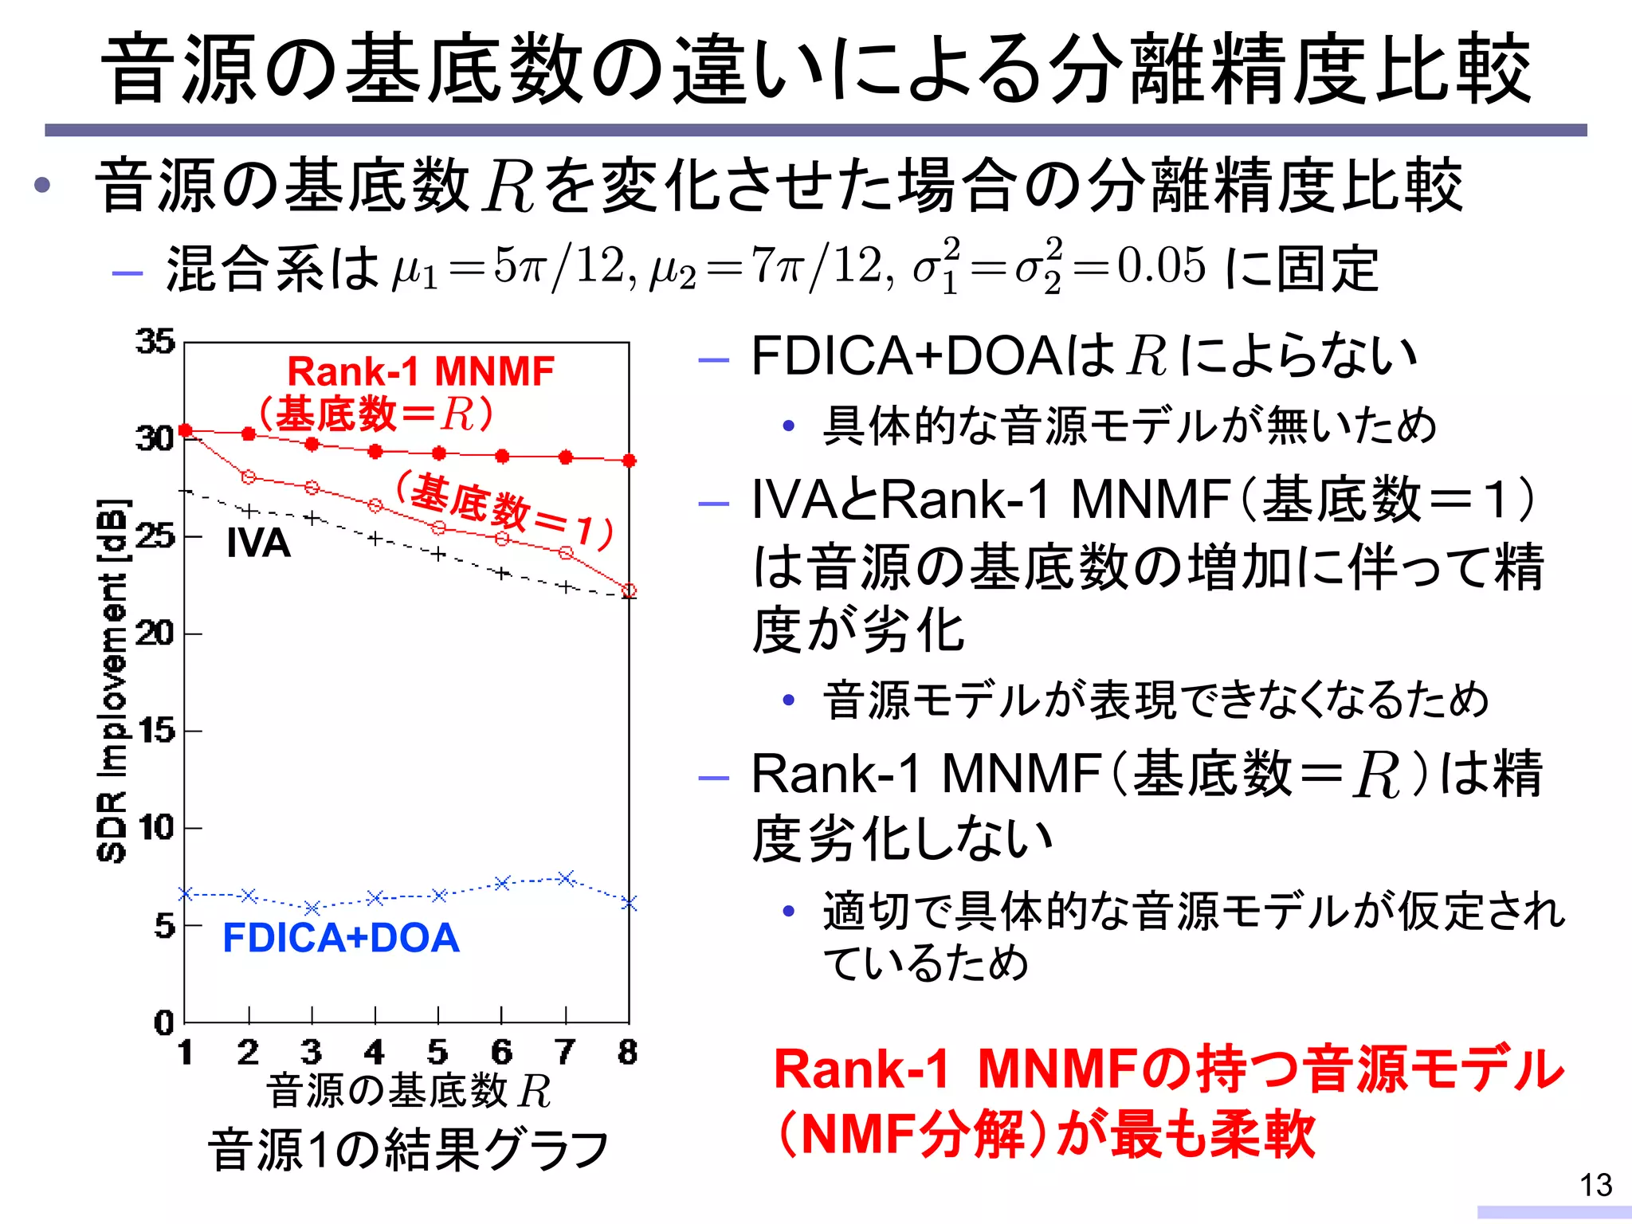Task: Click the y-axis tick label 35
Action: coord(155,341)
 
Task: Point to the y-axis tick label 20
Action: coord(155,634)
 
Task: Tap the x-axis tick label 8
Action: coord(628,1052)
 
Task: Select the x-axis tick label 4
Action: coord(375,1052)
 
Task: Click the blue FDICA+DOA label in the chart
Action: coord(341,938)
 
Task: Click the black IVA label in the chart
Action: coord(258,543)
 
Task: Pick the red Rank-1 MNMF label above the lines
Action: coord(421,371)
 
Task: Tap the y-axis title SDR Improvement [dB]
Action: coord(112,681)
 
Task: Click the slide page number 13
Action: coord(1596,1185)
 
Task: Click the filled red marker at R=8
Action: coord(629,461)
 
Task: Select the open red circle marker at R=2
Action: coord(249,477)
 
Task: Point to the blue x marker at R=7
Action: coord(566,878)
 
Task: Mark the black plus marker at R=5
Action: coord(438,554)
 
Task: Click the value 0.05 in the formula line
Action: coord(1162,266)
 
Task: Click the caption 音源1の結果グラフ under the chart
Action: coord(408,1150)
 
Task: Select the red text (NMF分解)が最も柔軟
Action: coord(1044,1134)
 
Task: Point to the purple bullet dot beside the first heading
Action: coord(42,186)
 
